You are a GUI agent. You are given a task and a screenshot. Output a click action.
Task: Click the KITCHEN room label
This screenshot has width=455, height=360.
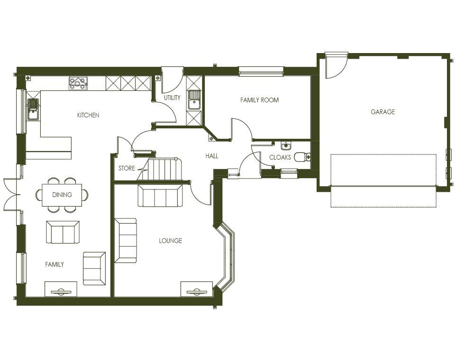point(88,115)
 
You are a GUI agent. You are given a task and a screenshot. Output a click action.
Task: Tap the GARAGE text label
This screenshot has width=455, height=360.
point(382,112)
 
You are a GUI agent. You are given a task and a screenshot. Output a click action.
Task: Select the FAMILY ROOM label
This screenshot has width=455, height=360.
point(259,100)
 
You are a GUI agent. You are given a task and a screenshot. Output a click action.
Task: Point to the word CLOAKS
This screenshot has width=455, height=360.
point(280,157)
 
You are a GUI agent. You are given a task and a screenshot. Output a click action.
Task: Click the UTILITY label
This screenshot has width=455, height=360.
point(172,98)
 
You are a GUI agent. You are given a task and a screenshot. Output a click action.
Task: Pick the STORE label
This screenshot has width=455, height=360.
point(127,168)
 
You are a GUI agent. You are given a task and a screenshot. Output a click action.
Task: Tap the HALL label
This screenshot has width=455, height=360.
point(212,156)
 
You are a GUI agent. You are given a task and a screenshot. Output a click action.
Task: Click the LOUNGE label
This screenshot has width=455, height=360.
point(170,241)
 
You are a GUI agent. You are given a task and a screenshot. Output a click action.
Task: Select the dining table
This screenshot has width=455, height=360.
point(62,195)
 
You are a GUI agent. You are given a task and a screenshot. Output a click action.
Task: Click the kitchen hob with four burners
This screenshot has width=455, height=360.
point(78,83)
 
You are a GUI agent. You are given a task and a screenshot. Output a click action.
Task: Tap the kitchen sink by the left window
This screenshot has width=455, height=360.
point(33,109)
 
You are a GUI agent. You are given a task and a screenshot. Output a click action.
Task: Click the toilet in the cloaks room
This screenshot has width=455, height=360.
point(301,156)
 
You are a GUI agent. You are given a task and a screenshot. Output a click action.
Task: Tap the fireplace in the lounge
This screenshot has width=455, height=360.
point(196,289)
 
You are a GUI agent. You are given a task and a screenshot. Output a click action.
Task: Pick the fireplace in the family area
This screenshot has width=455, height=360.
point(61,289)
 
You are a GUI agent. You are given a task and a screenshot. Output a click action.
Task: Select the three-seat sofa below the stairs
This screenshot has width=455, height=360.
point(160,196)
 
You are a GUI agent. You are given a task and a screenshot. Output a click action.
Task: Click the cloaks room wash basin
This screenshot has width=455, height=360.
point(286,146)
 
